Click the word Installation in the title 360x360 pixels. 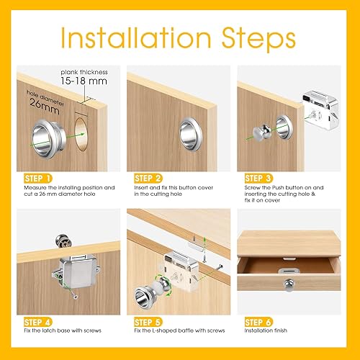point(136,37)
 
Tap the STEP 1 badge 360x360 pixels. point(38,179)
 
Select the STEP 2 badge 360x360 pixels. point(148,179)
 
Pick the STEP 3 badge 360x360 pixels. point(258,179)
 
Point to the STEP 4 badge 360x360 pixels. point(38,323)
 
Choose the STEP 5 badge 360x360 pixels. point(148,323)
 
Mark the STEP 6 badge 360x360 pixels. point(258,323)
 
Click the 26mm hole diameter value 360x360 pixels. point(45,107)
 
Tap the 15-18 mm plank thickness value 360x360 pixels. point(84,81)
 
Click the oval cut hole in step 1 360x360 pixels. point(81,135)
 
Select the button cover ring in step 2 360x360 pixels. point(191,134)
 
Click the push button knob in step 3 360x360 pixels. point(262,132)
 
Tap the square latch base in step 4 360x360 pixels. point(76,271)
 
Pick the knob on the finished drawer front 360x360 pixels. point(289,284)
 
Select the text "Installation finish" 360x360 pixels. point(266,330)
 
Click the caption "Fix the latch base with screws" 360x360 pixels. point(63,330)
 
